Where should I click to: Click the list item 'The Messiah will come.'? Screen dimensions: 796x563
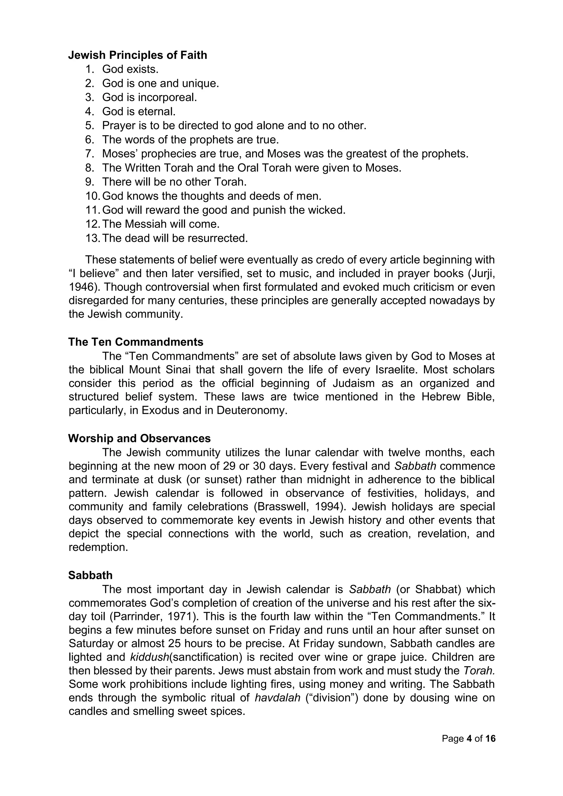[x=161, y=224]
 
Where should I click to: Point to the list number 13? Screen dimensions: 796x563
[x=92, y=239]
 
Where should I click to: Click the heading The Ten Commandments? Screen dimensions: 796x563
[x=136, y=342]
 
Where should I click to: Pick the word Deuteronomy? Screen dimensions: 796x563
[x=252, y=410]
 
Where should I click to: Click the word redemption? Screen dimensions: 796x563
[x=98, y=547]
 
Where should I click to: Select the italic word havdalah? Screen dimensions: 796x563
[x=277, y=698]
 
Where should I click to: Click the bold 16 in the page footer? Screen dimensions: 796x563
[x=490, y=739]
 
